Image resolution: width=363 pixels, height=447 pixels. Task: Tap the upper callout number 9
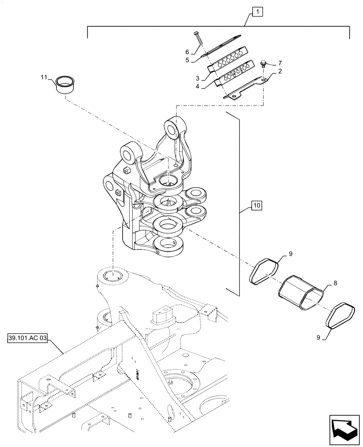[290, 254]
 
